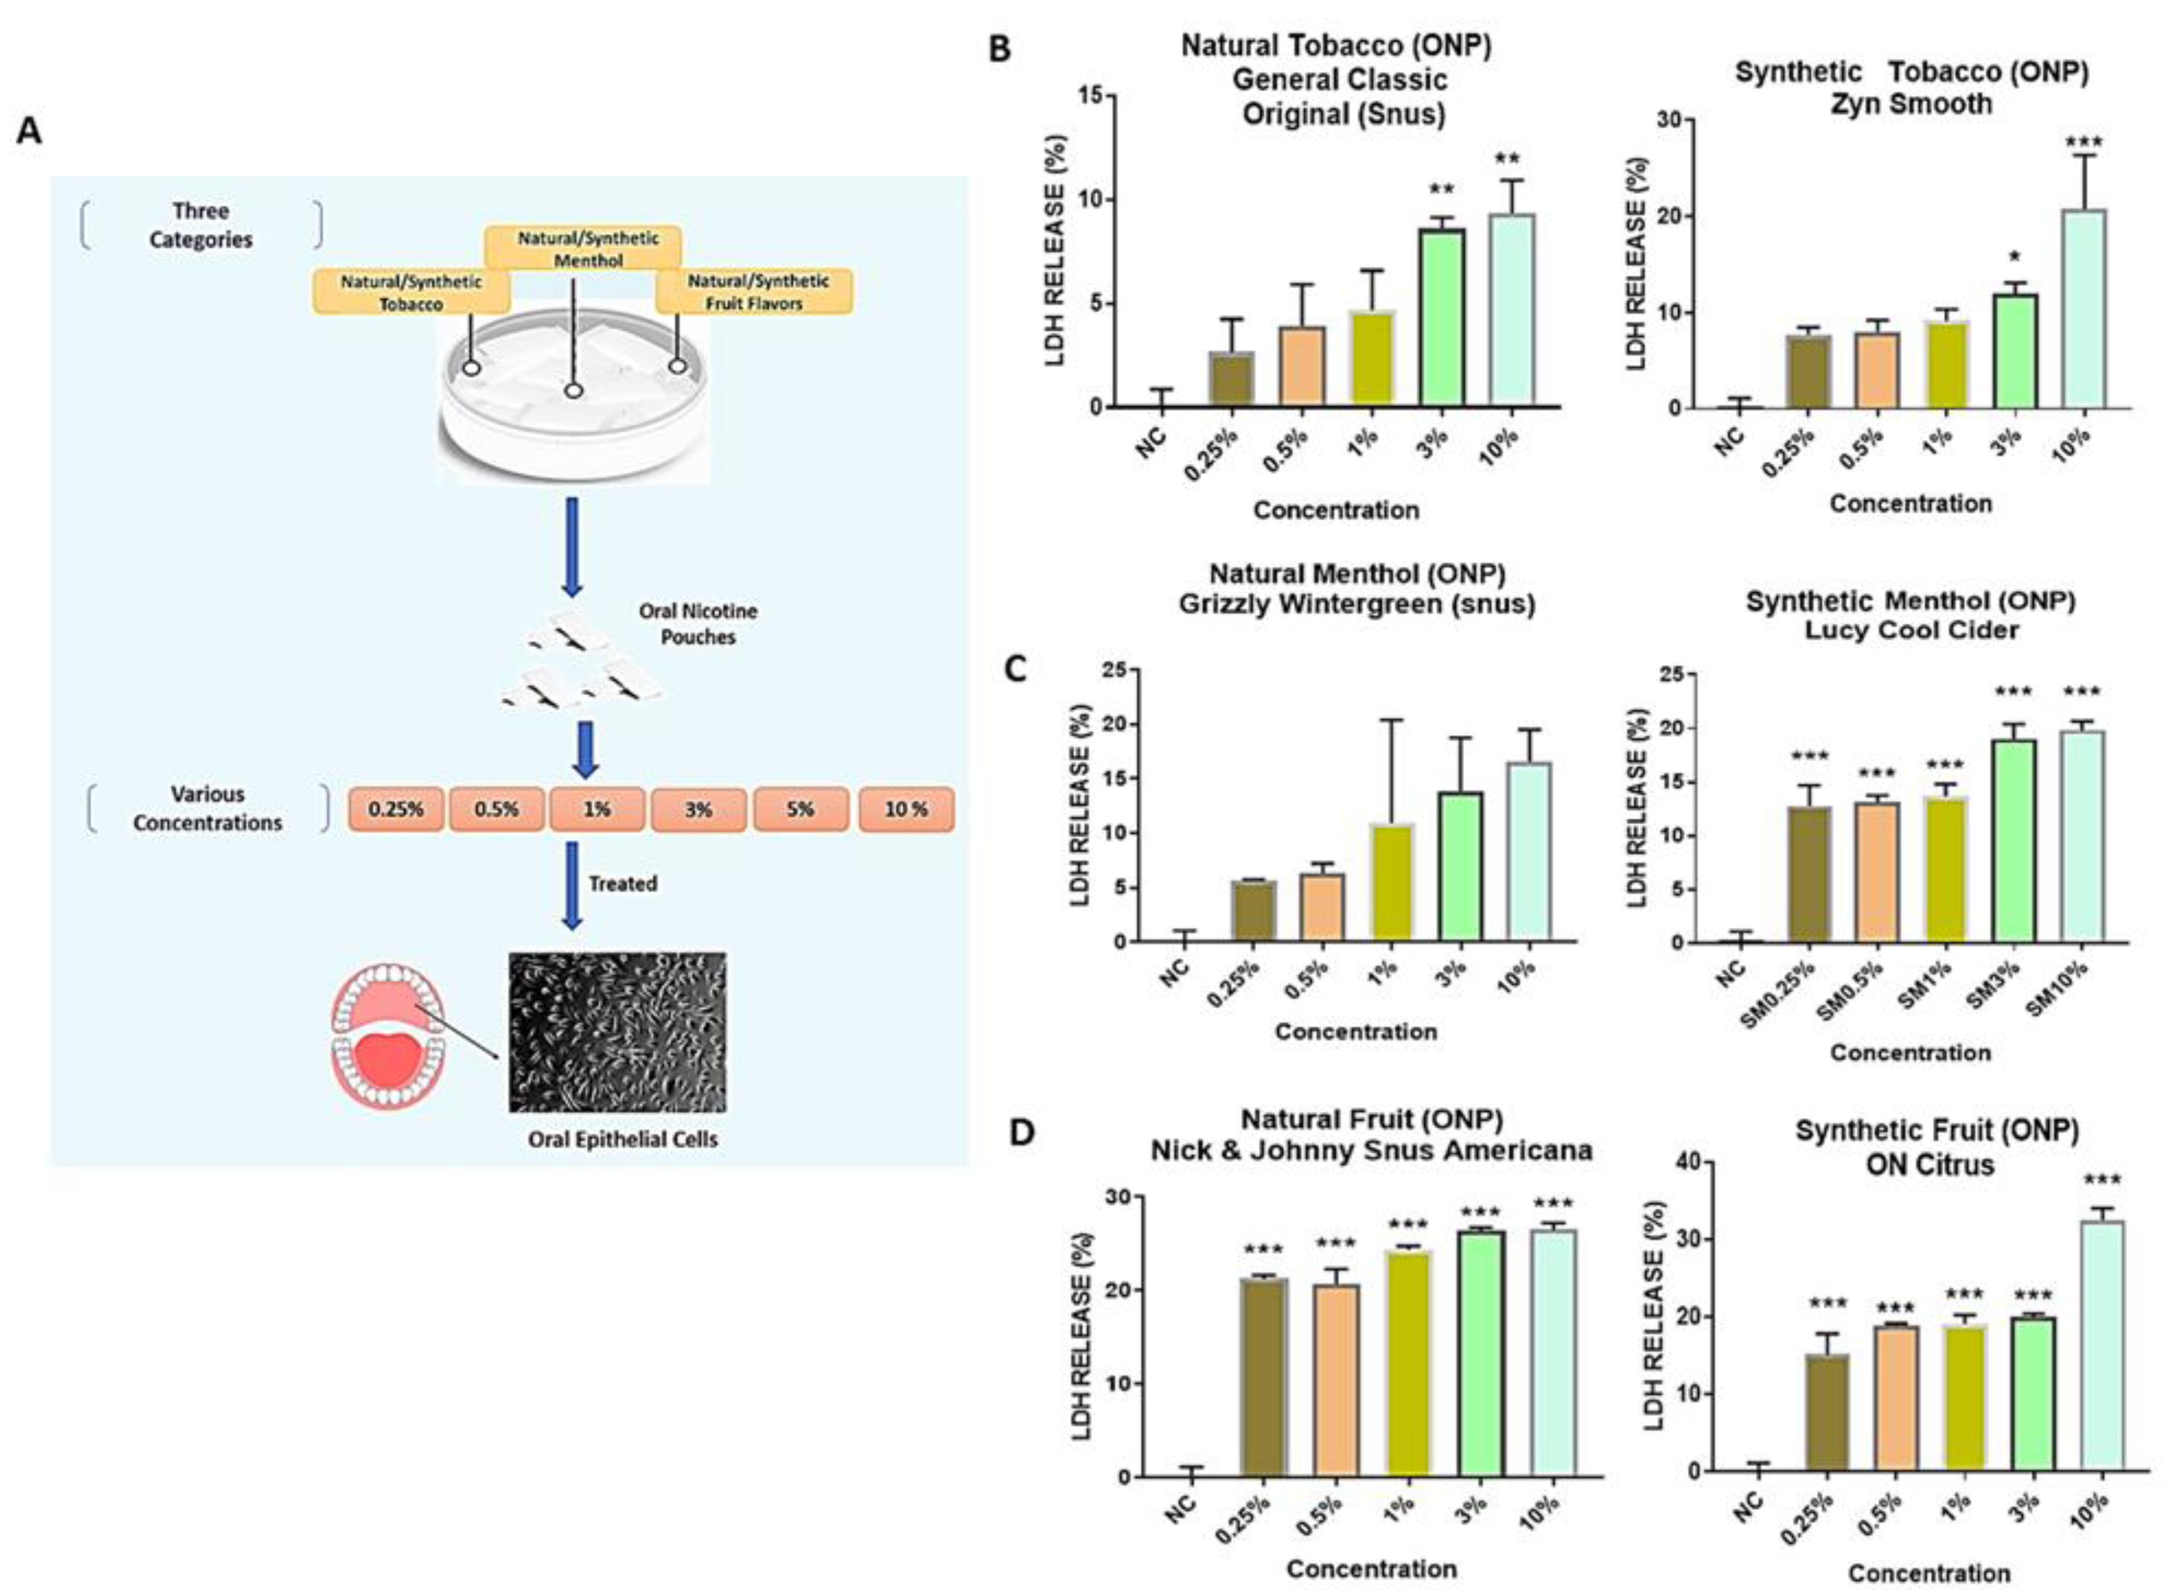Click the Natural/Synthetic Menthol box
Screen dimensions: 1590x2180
tap(583, 248)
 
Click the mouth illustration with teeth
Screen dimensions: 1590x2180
tap(388, 1035)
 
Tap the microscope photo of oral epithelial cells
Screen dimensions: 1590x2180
tap(617, 1032)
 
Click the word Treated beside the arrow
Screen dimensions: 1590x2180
tap(623, 883)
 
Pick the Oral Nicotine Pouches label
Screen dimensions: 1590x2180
tap(697, 624)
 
